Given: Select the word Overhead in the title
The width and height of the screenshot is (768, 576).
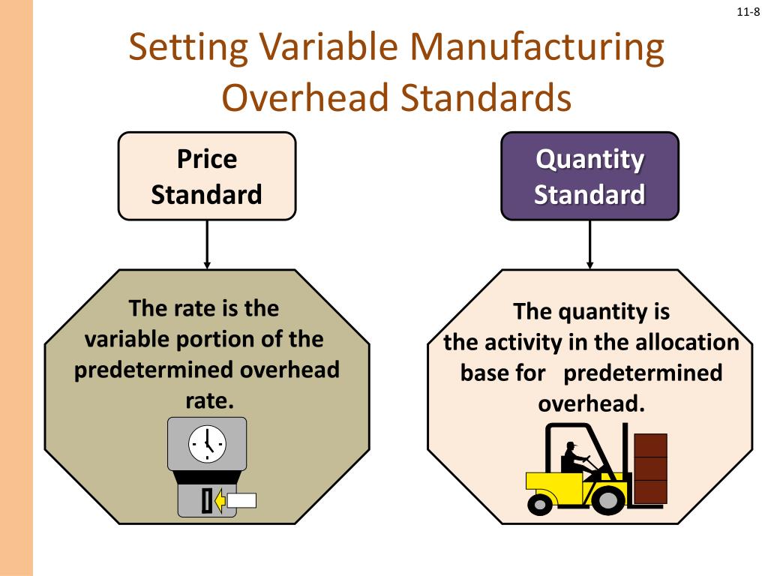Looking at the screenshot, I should [304, 98].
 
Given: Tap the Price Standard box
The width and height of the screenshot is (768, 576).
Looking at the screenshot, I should [206, 176].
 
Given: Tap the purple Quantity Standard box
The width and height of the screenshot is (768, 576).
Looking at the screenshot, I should [589, 176].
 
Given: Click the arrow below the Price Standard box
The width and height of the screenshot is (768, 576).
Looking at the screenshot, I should [207, 244].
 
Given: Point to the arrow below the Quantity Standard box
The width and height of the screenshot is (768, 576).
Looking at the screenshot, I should [590, 244].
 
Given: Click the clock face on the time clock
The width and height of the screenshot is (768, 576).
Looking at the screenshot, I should [206, 444].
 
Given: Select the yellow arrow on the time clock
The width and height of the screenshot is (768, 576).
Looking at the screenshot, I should [220, 500].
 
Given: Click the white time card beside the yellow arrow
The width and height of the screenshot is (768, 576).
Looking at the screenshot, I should [241, 500].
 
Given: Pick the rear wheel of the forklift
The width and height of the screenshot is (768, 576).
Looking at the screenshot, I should [540, 502].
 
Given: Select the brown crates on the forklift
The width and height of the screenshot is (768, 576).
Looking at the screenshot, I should [650, 468].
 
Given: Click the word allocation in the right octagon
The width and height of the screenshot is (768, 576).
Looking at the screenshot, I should [688, 343].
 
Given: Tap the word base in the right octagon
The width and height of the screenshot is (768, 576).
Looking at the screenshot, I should [487, 373].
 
